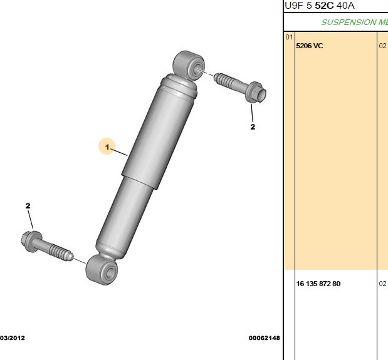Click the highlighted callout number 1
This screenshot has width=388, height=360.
pyautogui.click(x=107, y=147)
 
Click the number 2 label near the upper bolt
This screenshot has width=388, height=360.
pyautogui.click(x=253, y=126)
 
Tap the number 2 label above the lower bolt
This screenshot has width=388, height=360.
pyautogui.click(x=28, y=205)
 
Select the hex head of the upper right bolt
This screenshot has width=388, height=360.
pyautogui.click(x=256, y=92)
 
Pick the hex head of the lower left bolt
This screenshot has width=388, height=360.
pyautogui.click(x=29, y=241)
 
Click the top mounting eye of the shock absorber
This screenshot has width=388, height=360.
pyautogui.click(x=189, y=64)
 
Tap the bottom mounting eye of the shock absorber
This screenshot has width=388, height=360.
pyautogui.click(x=102, y=270)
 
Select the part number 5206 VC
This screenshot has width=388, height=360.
pyautogui.click(x=309, y=46)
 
